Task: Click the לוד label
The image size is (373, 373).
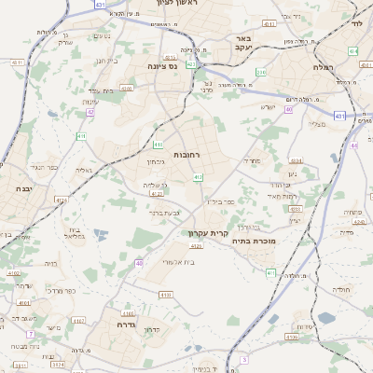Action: click(x=355, y=24)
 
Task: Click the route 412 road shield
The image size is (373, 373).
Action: click(x=198, y=177)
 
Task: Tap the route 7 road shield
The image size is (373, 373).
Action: click(x=30, y=333)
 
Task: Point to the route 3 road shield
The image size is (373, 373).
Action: click(x=244, y=359)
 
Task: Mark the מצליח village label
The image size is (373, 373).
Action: click(x=318, y=123)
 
